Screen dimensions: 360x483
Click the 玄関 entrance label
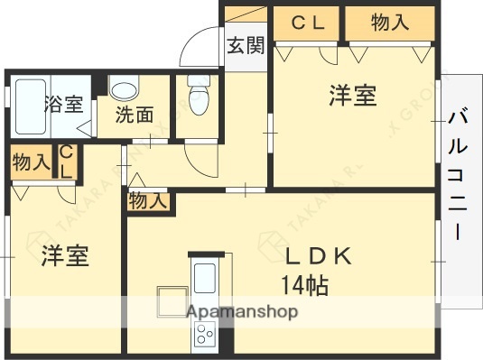tap(245, 45)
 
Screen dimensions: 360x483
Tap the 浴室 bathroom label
tap(63, 104)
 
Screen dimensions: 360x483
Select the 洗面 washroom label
tap(133, 115)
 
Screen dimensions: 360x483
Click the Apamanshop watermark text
tap(242, 312)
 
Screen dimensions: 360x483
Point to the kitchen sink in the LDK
tap(205, 276)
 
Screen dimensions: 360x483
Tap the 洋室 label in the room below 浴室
tap(64, 256)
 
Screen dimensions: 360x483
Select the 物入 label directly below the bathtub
tap(31, 163)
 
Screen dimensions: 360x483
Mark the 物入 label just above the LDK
tap(147, 202)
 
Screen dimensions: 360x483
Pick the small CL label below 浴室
tap(68, 163)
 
